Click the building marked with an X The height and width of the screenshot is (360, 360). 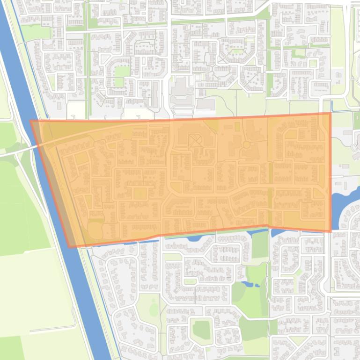(x=195, y=139)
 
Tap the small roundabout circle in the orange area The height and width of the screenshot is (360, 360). (x=246, y=145)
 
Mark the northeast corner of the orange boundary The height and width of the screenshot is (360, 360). (x=331, y=113)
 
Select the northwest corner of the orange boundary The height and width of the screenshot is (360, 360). (x=31, y=121)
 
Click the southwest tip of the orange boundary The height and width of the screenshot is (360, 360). (x=70, y=246)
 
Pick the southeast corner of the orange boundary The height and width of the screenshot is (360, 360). (x=331, y=231)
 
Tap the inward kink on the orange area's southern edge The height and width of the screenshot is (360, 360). (x=267, y=225)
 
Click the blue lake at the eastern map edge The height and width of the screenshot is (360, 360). (x=344, y=201)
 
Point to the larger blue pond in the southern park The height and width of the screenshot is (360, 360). (x=257, y=281)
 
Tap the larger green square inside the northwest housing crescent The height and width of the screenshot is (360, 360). (x=122, y=71)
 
